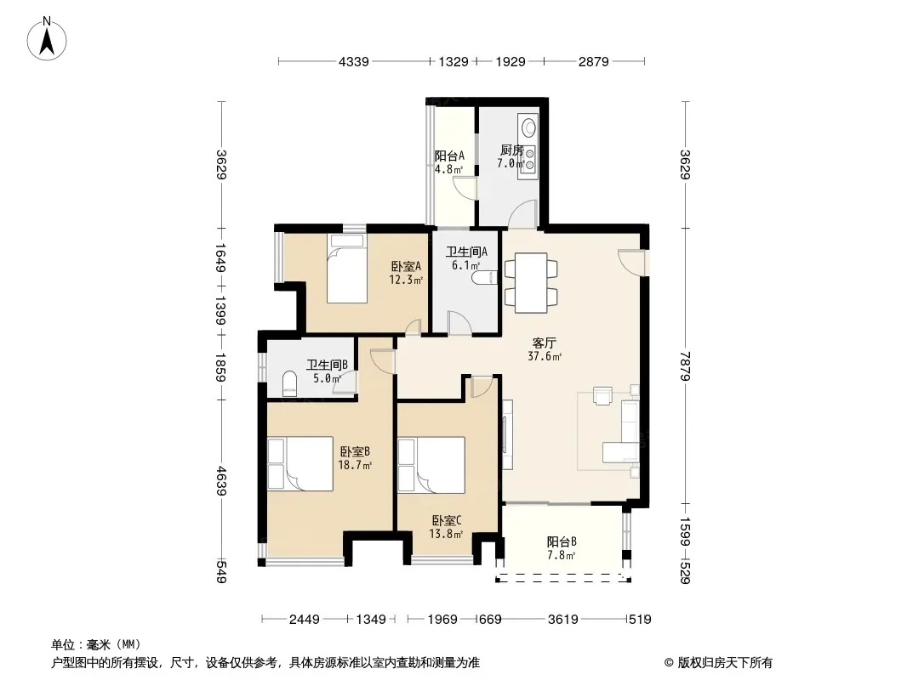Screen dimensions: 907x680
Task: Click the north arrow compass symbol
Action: click(x=47, y=39)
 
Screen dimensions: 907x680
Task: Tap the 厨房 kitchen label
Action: click(x=512, y=150)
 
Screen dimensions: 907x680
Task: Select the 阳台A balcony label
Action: click(x=449, y=156)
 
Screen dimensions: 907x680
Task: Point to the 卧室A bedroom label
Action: click(x=406, y=266)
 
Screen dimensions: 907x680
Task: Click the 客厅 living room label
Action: click(x=545, y=343)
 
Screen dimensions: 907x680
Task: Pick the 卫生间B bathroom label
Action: click(x=327, y=365)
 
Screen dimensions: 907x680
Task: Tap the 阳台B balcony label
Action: click(x=562, y=542)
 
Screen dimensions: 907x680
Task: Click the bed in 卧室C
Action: click(x=431, y=464)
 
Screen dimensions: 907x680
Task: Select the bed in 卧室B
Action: click(x=300, y=464)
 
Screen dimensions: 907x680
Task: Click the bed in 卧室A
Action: click(x=347, y=269)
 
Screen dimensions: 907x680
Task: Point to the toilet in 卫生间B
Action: click(x=290, y=383)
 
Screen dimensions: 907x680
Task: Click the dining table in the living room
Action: click(x=531, y=282)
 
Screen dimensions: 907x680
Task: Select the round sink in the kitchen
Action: click(x=528, y=125)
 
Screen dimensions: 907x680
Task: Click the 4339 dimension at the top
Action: click(x=353, y=61)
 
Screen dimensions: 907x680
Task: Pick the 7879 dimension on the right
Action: click(x=686, y=366)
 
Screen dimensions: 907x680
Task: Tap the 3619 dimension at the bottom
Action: click(x=562, y=620)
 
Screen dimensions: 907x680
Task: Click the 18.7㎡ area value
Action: click(x=355, y=465)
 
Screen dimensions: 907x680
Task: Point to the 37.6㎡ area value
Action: click(x=545, y=356)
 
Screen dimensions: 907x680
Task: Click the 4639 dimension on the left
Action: click(x=221, y=482)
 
